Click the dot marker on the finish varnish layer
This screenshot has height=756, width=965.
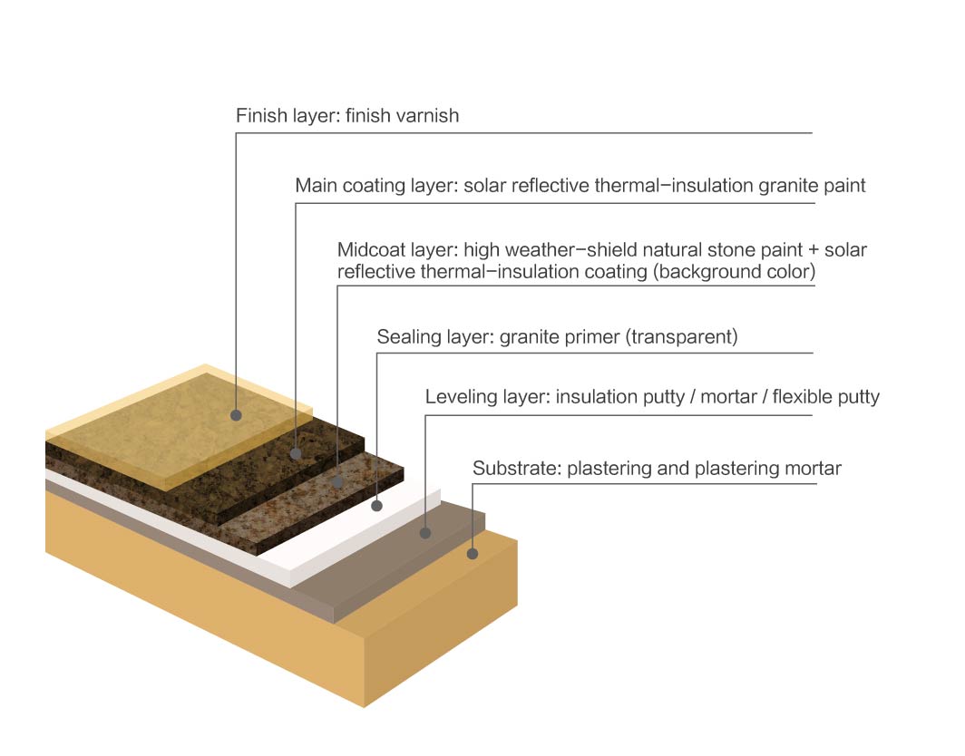pos(236,415)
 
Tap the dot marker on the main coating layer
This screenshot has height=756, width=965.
pos(296,453)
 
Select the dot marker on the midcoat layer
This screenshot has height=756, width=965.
pos(337,481)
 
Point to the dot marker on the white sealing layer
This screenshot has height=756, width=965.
pos(376,506)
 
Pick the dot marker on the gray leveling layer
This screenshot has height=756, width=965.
pos(425,533)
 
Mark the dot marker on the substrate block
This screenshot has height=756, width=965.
pos(472,554)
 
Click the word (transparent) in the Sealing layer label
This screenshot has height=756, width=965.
pos(681,337)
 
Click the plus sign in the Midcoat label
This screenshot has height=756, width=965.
pos(814,250)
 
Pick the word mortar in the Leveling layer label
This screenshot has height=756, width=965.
pos(728,397)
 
